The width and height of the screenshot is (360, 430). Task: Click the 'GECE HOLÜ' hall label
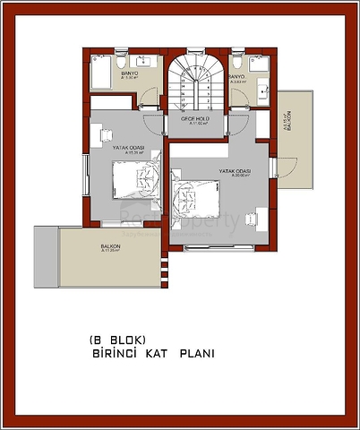(x=195, y=118)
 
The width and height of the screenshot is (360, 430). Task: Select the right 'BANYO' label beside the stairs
(x=236, y=77)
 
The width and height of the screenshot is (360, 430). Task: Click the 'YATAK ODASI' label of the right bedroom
(x=235, y=171)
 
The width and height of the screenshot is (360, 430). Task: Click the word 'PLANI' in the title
(x=196, y=355)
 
